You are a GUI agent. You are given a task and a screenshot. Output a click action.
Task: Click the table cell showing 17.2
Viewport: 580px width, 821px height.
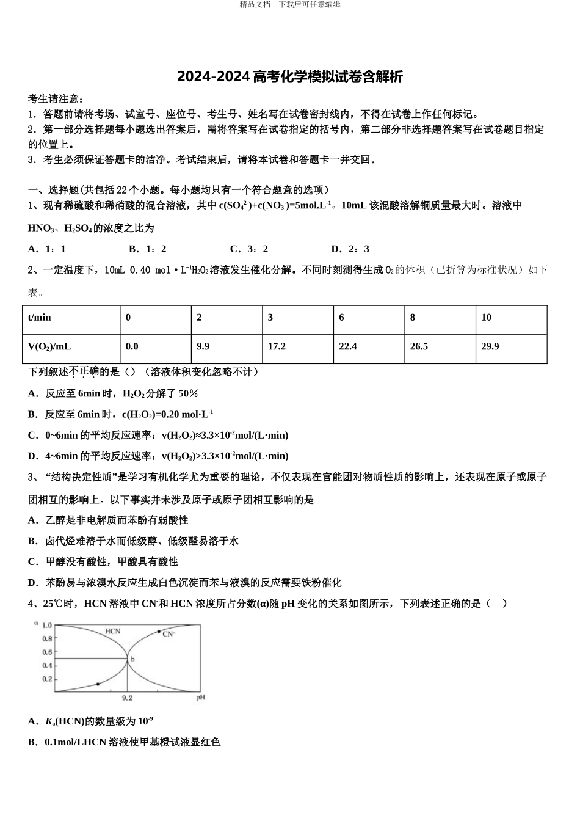pyautogui.click(x=277, y=346)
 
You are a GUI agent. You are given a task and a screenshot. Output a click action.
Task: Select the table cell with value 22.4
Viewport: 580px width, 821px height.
pyautogui.click(x=348, y=346)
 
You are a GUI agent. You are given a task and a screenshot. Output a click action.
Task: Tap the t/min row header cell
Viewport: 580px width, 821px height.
pyautogui.click(x=40, y=317)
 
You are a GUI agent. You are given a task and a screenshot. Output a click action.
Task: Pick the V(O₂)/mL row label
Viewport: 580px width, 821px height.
pyautogui.click(x=49, y=346)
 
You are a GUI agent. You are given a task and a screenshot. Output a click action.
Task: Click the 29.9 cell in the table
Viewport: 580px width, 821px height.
pyautogui.click(x=490, y=346)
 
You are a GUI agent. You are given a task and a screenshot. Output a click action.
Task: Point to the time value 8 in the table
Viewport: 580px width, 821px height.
pyautogui.click(x=413, y=317)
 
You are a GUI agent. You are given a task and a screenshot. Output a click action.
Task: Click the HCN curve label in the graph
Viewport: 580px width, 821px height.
pyautogui.click(x=113, y=631)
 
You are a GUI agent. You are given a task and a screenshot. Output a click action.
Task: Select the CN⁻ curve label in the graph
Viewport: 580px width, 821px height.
pyautogui.click(x=169, y=634)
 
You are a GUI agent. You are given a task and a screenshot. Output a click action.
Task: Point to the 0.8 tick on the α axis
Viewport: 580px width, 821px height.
pyautogui.click(x=47, y=639)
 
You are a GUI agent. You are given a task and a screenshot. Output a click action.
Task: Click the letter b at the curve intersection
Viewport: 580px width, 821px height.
pyautogui.click(x=132, y=659)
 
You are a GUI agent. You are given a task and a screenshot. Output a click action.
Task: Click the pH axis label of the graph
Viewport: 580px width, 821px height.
pyautogui.click(x=200, y=697)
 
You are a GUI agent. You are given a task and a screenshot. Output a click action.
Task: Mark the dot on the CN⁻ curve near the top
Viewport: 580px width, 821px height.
pyautogui.click(x=159, y=631)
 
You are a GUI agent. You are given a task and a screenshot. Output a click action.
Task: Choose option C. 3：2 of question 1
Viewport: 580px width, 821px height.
pyautogui.click(x=249, y=249)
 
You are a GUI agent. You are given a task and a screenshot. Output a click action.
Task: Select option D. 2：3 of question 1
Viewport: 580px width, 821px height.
pyautogui.click(x=350, y=249)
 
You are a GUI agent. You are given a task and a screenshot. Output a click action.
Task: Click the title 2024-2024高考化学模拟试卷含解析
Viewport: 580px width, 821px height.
pyautogui.click(x=290, y=77)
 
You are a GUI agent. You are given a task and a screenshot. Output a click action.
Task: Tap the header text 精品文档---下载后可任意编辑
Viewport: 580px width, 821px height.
pyautogui.click(x=290, y=4)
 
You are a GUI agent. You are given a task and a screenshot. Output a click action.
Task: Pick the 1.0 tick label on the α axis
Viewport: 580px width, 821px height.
pyautogui.click(x=47, y=626)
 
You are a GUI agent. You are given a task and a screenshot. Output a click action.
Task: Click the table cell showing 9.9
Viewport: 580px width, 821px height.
pyautogui.click(x=203, y=346)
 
